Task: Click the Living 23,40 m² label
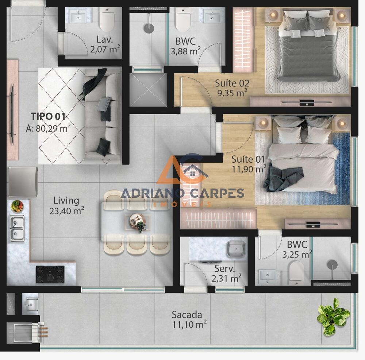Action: point(66,205)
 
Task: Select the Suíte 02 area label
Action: point(231,88)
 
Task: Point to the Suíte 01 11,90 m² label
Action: point(249,164)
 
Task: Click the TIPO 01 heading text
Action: point(48,117)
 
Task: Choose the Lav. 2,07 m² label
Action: point(105,43)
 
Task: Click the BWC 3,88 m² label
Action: point(185,46)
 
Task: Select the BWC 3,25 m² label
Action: point(297,249)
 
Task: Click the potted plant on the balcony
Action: point(333,316)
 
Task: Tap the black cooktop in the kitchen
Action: point(50,274)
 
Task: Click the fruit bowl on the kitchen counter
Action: point(17,206)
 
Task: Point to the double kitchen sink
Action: point(17,228)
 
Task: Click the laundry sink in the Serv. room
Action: point(236,248)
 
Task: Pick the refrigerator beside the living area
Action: point(23,182)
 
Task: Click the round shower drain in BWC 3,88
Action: point(149,28)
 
